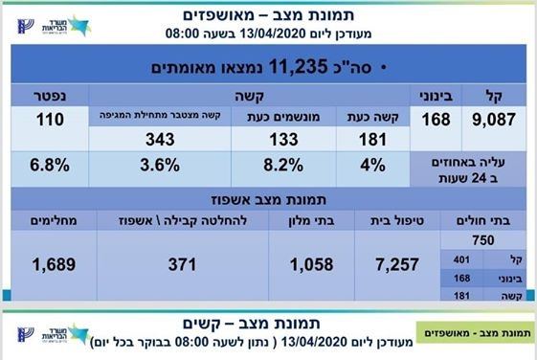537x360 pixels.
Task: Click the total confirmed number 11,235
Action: pos(298,66)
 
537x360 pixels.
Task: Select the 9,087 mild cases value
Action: pos(494,120)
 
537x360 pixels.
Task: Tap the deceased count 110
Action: pos(50,120)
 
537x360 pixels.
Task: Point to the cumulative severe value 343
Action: pos(160,140)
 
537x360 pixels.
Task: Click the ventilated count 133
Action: pos(283,140)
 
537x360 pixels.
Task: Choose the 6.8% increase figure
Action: pos(50,165)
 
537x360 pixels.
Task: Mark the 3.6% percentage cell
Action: pos(160,165)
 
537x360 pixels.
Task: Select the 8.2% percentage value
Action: pos(283,165)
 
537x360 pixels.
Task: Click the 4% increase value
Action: pos(372,165)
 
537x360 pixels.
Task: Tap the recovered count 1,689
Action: pos(54,264)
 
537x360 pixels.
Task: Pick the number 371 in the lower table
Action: pos(182,264)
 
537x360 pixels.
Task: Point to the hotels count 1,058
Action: pos(312,264)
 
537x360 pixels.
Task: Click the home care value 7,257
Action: pos(397,264)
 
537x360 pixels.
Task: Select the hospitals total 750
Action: pos(483,240)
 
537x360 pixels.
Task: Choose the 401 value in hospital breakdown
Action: pos(461,260)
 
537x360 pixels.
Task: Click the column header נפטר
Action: pos(50,96)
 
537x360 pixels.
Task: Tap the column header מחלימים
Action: pos(54,220)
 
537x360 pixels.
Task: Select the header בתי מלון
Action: pos(312,220)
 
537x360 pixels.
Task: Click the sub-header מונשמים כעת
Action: pos(283,117)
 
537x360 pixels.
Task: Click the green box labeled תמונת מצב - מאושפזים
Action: pos(476,332)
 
